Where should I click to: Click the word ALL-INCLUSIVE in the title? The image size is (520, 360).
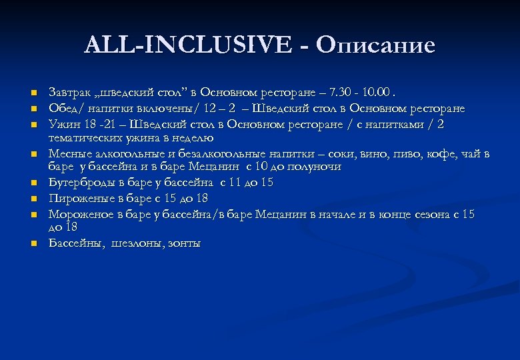187,45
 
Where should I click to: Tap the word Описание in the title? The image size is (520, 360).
376,45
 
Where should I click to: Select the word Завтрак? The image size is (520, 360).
68,92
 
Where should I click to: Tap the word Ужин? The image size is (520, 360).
62,124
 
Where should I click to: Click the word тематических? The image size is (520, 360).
83,138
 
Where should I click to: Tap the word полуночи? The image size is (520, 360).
314,167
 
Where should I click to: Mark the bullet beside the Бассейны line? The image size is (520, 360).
33,244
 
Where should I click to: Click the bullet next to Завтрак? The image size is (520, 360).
33,93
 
